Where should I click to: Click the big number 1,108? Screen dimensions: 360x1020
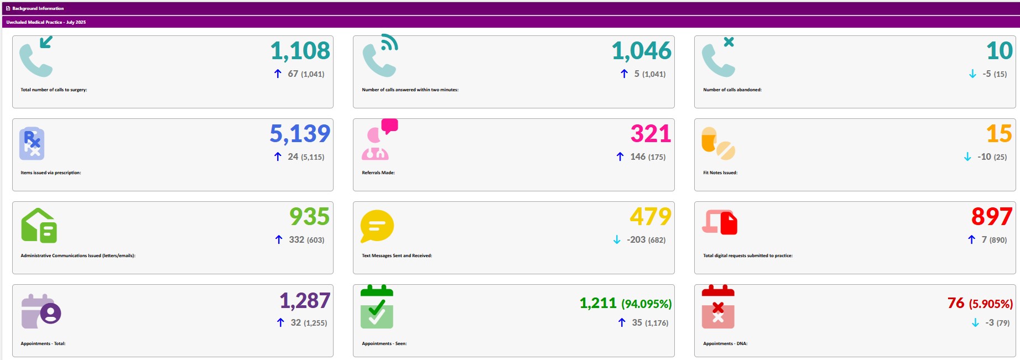click(x=300, y=51)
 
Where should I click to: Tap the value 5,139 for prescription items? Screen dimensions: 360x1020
click(x=300, y=134)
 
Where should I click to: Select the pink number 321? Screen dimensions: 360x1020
click(x=650, y=134)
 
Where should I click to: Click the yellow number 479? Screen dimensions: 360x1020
click(x=650, y=217)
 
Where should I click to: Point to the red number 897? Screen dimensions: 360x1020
click(x=992, y=217)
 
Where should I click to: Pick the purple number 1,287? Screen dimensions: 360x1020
click(x=305, y=301)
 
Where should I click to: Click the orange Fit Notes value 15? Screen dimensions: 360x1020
click(x=999, y=134)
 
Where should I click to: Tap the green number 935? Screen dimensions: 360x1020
click(x=309, y=217)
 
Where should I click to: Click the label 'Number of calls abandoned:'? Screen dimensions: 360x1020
click(x=732, y=90)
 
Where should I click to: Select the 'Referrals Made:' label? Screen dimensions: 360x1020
click(x=378, y=173)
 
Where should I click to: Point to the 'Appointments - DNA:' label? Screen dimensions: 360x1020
click(x=725, y=343)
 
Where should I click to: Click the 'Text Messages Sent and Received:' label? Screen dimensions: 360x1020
click(x=397, y=255)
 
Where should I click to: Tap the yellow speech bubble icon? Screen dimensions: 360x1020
click(x=377, y=226)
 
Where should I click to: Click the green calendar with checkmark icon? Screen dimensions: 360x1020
click(x=377, y=307)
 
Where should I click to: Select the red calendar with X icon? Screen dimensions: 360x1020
click(x=718, y=307)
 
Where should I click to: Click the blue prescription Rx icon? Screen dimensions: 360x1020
click(x=32, y=144)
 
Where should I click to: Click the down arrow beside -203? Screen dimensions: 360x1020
click(x=617, y=240)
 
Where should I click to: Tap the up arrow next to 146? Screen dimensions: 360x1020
click(x=620, y=157)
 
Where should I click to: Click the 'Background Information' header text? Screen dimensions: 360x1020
click(x=38, y=8)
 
